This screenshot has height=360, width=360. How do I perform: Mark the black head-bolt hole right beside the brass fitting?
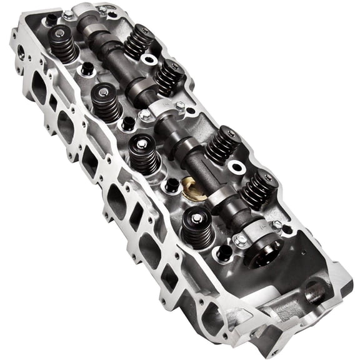point(172,185)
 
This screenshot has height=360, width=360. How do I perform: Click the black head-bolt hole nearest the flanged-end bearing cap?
point(223,252)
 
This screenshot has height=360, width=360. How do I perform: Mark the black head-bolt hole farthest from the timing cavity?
point(51,19)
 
